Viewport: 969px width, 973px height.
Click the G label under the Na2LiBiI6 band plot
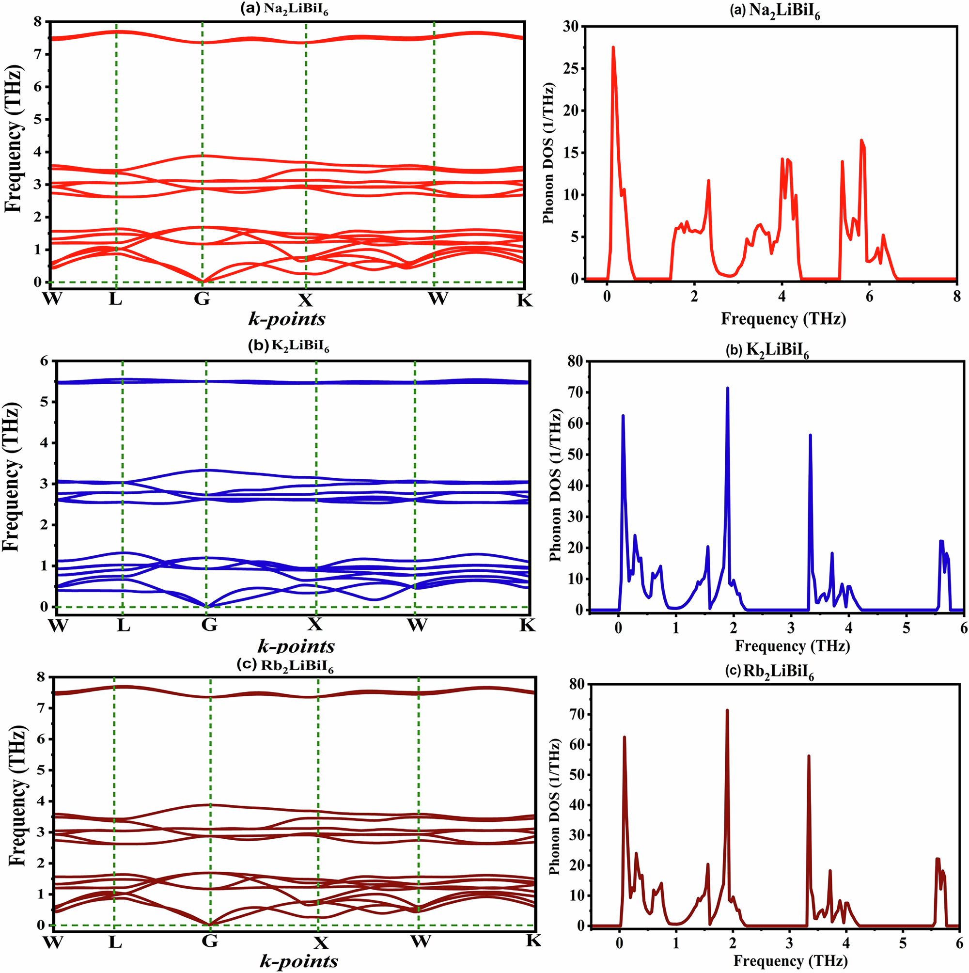point(202,299)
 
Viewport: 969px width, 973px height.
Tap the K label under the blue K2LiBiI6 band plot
point(527,625)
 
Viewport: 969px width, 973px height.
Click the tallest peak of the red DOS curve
point(613,47)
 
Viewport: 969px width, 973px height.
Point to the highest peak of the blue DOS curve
point(727,388)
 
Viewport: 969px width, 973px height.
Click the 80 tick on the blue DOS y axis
point(574,361)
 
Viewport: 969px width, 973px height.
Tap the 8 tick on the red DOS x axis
point(956,297)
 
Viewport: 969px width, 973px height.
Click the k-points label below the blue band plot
point(296,645)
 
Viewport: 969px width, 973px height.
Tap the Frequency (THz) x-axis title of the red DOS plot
point(783,319)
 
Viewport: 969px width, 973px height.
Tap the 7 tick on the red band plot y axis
point(38,54)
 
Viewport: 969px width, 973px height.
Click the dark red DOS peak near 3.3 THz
point(808,756)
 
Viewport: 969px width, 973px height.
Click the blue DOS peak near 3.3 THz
point(810,435)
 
